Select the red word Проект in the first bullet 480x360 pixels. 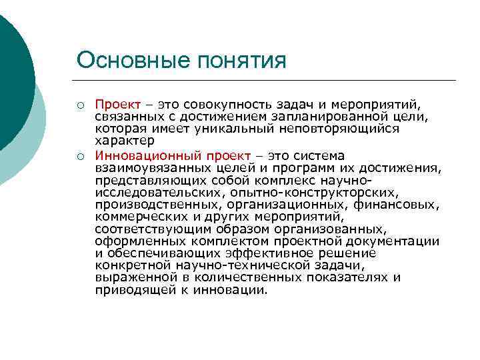pyautogui.click(x=117, y=105)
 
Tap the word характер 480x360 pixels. pyautogui.click(x=124, y=141)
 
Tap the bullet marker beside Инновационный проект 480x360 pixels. pyautogui.click(x=79, y=156)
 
